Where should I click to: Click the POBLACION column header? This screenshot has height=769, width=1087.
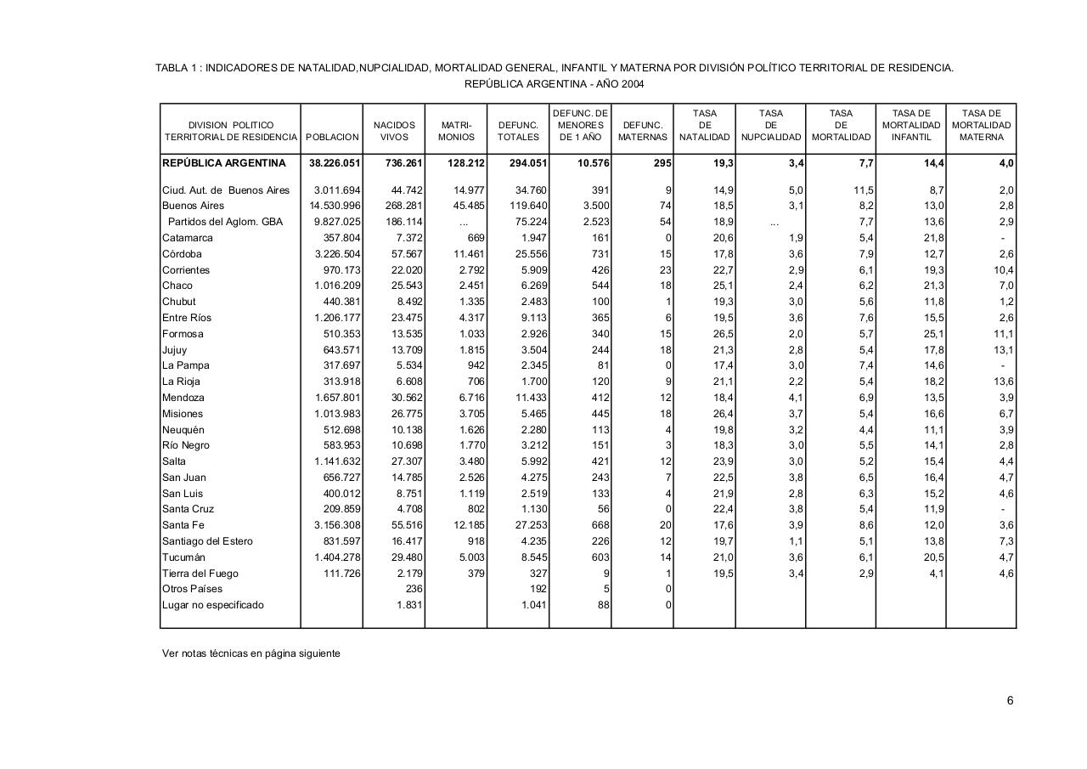pyautogui.click(x=332, y=137)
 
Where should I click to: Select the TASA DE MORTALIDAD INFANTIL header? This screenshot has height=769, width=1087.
pyautogui.click(x=910, y=125)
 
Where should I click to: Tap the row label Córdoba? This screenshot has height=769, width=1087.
pyautogui.click(x=183, y=254)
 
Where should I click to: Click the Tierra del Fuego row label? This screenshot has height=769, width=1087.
pyautogui.click(x=200, y=574)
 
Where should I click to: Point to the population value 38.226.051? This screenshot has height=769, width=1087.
pyautogui.click(x=335, y=163)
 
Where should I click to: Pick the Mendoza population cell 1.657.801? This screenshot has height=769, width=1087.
pyautogui.click(x=338, y=398)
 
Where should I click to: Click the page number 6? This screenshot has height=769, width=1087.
pyautogui.click(x=1011, y=701)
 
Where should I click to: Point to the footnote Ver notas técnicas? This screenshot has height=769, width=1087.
pyautogui.click(x=251, y=653)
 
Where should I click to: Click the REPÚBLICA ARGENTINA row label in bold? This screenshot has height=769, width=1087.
pyautogui.click(x=224, y=163)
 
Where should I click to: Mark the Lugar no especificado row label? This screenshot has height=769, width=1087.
pyautogui.click(x=213, y=605)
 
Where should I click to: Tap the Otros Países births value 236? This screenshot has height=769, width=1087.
pyautogui.click(x=414, y=590)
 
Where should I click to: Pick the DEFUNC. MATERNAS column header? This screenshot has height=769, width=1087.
pyautogui.click(x=642, y=131)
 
